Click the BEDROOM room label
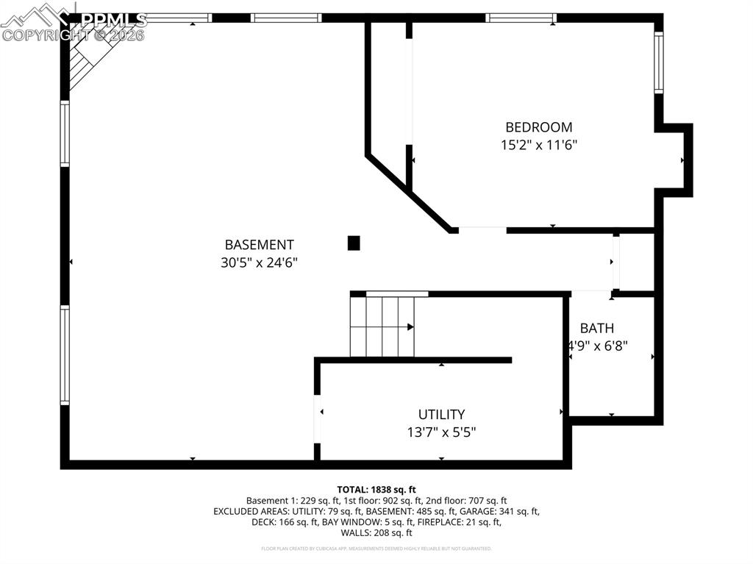click(538, 127)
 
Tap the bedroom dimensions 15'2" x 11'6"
click(538, 145)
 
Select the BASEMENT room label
click(259, 245)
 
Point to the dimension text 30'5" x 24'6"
click(259, 263)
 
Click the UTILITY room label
click(441, 415)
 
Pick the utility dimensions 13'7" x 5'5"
click(441, 432)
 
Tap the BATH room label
click(596, 329)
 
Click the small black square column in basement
click(354, 243)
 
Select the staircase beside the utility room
click(382, 326)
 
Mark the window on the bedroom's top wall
click(521, 18)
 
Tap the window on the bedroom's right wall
click(659, 62)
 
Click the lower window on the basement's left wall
click(65, 355)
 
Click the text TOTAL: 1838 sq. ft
click(376, 489)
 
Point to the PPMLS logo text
click(110, 20)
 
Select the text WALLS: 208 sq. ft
click(376, 533)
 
